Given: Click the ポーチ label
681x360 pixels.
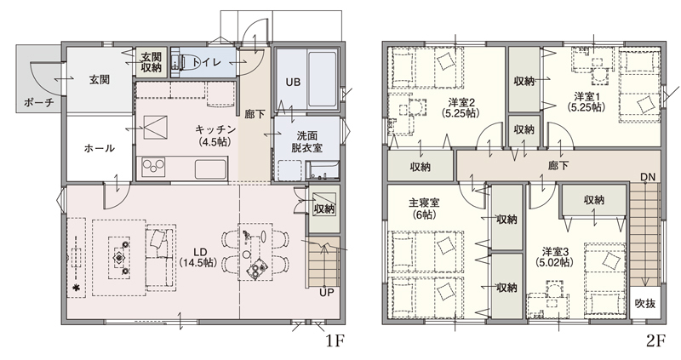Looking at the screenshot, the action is [x=39, y=103].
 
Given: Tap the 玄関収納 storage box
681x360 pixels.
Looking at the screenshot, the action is [x=152, y=62].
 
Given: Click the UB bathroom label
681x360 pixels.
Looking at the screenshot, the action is [x=293, y=82].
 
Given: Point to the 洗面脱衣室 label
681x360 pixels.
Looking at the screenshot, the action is [x=306, y=141].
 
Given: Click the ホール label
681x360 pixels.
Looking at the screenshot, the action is [x=99, y=148].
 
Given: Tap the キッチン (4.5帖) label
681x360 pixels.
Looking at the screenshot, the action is [x=215, y=135].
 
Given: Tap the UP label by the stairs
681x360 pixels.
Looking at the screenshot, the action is [x=326, y=293].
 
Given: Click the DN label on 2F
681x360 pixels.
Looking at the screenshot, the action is [x=648, y=177].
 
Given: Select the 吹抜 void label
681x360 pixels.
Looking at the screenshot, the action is [x=644, y=303].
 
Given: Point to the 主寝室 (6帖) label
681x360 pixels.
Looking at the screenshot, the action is [x=424, y=209].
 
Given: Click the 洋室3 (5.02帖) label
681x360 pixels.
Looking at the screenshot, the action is [x=554, y=257].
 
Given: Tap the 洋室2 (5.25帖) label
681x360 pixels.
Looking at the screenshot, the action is [x=461, y=108].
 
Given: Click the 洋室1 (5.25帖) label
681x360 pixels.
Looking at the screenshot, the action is [x=586, y=101].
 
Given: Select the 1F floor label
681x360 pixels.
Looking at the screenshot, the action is [x=335, y=341].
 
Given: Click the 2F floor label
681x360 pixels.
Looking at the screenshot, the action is [x=655, y=341].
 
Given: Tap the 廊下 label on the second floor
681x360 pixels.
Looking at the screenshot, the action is [x=558, y=165].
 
